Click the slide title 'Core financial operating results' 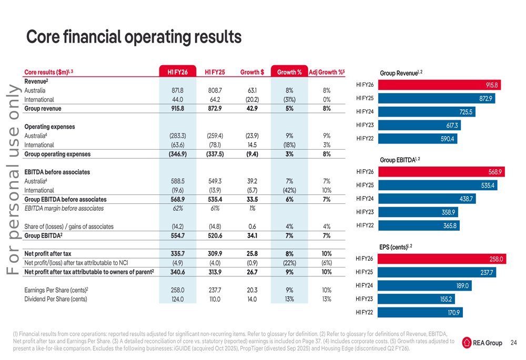[x=134, y=37]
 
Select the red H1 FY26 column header [x=177, y=71]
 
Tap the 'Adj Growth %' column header [x=327, y=72]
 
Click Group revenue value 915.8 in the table [x=177, y=109]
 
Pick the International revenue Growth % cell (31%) [x=289, y=99]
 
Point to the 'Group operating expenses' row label [x=57, y=154]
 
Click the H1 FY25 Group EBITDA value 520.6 [x=215, y=235]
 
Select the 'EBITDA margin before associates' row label [x=64, y=209]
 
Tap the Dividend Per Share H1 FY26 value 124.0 [x=177, y=299]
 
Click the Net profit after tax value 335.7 [x=177, y=254]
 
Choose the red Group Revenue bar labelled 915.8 [x=439, y=85]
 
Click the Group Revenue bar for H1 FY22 [x=418, y=138]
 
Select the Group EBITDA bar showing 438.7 [x=427, y=199]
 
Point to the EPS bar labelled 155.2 [x=416, y=299]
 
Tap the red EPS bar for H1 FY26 [x=442, y=259]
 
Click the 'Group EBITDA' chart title [x=400, y=160]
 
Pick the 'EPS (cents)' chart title [x=396, y=247]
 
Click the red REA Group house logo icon [x=467, y=343]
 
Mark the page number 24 [x=513, y=343]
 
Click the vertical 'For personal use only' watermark [x=14, y=179]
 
